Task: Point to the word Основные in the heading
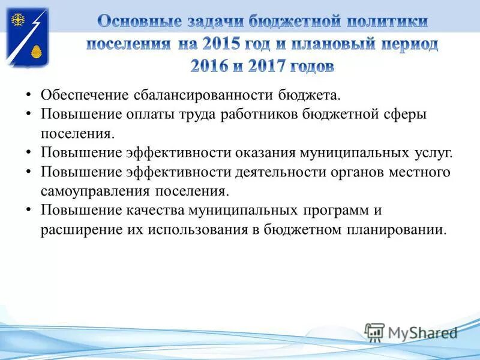pyautogui.click(x=138, y=22)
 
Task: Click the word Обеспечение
pyautogui.click(x=85, y=95)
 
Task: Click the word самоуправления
pyautogui.click(x=94, y=191)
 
